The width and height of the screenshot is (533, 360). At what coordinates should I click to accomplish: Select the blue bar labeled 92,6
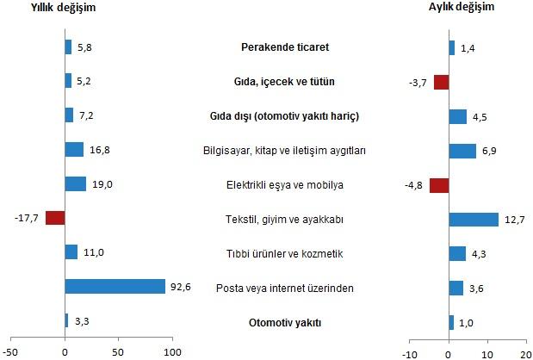pos(115,286)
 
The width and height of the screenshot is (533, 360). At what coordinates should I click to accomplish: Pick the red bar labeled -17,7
pos(55,218)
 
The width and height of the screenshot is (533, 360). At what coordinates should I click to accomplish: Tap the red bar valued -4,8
pos(439,184)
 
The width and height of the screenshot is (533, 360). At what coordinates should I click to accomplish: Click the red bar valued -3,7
pos(441,82)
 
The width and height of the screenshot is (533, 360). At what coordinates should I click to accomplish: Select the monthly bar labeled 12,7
pos(474,219)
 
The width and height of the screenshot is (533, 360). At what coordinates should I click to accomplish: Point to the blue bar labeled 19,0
pos(76,183)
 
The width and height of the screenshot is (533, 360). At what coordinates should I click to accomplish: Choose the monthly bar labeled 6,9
pos(462,151)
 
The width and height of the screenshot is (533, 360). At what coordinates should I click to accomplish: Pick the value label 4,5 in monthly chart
pos(480,116)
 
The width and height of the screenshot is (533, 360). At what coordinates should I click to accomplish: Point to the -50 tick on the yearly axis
pos(11,351)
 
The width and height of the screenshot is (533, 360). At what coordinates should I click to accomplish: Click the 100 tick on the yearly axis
pos(172,351)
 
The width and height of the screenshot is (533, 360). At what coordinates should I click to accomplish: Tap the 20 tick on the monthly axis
pos(525,351)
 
